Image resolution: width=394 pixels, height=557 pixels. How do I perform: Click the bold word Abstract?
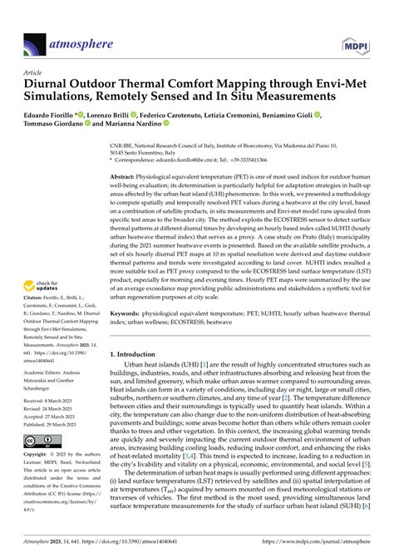(126, 178)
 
